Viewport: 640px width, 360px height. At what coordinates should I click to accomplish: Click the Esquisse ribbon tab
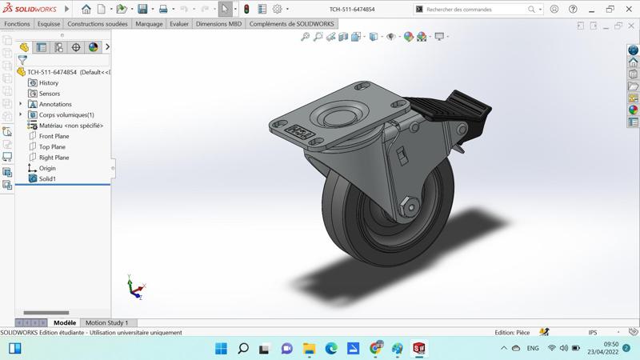(49, 24)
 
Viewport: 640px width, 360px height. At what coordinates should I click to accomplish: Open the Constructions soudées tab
(97, 24)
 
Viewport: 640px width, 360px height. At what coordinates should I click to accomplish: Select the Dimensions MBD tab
(218, 24)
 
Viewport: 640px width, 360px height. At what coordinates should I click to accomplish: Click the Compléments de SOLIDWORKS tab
(291, 24)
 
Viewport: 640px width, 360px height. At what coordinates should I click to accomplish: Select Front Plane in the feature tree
(54, 136)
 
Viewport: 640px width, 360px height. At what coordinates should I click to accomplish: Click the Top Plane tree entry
(52, 147)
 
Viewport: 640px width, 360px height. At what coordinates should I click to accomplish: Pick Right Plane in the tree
(54, 158)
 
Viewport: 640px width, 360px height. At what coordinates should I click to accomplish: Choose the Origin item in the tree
(47, 168)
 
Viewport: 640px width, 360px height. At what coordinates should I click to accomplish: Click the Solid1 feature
(47, 179)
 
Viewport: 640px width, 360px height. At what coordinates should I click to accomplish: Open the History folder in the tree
(48, 83)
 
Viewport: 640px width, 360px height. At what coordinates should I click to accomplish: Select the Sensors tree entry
(49, 94)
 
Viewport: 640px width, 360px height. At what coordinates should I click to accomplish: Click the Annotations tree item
(55, 105)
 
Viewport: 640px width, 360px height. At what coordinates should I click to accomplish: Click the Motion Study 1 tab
(106, 323)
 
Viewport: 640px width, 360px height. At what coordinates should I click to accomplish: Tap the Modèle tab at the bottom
(65, 323)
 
